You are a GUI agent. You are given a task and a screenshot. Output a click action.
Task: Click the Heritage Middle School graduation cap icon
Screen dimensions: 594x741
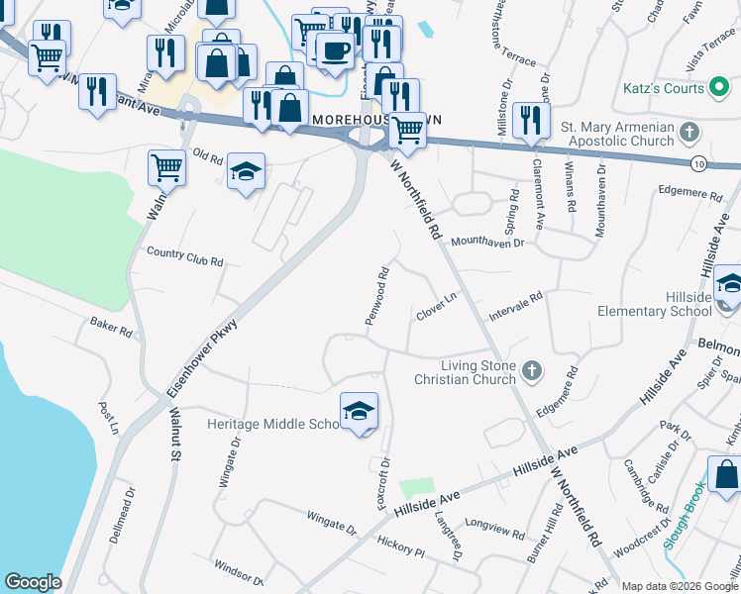[359, 411]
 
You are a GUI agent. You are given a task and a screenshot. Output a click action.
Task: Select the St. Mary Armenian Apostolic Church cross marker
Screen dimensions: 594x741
[690, 132]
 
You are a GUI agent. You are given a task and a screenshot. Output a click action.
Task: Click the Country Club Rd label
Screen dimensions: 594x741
[185, 255]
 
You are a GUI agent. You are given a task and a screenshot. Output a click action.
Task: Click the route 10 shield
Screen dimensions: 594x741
[699, 162]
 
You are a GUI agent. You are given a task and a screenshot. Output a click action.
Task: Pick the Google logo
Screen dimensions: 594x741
[33, 582]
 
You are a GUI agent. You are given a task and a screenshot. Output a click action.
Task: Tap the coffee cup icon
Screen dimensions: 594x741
[335, 50]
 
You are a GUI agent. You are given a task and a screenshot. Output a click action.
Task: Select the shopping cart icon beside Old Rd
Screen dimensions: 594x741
[166, 167]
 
